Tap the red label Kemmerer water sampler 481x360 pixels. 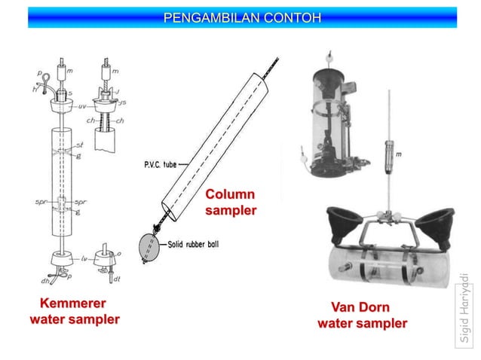pos(74,312)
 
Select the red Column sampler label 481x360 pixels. pos(231,203)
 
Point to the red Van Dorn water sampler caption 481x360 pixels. pos(362,316)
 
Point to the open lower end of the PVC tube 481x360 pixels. pos(167,212)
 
